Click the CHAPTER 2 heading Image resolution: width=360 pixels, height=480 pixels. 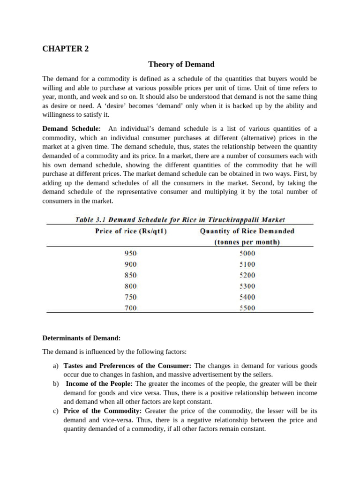[65, 48]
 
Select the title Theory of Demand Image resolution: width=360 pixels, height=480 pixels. [181, 64]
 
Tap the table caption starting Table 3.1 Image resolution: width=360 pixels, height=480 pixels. [180, 219]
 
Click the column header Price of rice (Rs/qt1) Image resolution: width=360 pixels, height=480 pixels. [131, 231]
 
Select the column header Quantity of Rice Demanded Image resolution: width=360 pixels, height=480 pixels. [247, 231]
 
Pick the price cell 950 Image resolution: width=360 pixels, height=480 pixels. [131, 253]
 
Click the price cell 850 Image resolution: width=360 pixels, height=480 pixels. [131, 275]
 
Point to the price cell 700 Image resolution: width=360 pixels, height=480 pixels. [131, 308]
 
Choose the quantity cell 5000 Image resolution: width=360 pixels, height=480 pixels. [247, 253]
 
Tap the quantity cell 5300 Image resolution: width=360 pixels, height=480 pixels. [247, 286]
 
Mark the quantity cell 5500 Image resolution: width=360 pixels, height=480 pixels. [247, 308]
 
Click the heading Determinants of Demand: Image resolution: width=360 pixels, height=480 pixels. [82, 337]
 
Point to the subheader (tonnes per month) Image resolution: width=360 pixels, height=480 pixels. [247, 242]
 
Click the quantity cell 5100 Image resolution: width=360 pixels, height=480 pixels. [247, 264]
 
